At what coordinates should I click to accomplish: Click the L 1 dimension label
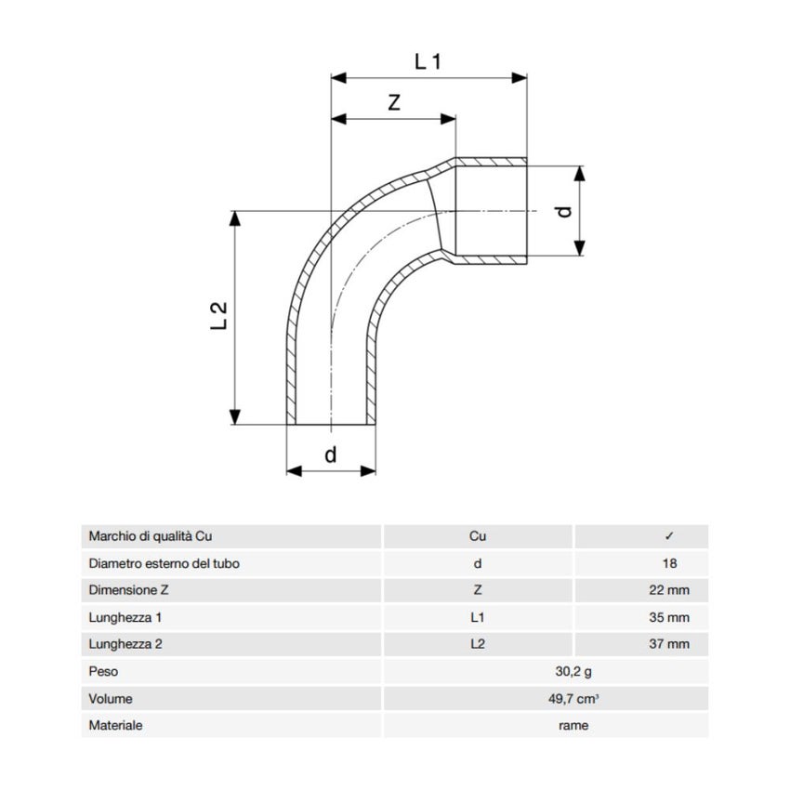(428, 61)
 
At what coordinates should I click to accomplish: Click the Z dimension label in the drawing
(394, 102)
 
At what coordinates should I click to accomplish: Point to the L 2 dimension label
(219, 316)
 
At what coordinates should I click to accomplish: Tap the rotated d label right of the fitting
(565, 211)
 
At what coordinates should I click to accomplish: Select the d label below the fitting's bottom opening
(331, 454)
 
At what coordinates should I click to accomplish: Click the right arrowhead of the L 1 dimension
(519, 77)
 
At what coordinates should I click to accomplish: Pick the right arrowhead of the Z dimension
(448, 119)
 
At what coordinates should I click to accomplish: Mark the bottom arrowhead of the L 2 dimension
(234, 416)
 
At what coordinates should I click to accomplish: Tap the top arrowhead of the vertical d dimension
(580, 174)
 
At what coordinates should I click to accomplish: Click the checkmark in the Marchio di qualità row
(669, 536)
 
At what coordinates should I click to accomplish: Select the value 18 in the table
(669, 563)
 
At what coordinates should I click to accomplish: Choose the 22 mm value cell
(669, 590)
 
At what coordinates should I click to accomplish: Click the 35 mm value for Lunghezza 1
(669, 617)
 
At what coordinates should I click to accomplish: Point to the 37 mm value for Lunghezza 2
(669, 644)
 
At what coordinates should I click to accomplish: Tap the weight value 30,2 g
(573, 672)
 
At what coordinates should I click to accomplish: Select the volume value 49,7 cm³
(573, 699)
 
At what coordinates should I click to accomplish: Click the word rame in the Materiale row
(573, 726)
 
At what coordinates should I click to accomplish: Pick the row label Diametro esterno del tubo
(164, 563)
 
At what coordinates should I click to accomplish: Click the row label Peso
(103, 672)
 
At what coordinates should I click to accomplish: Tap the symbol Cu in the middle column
(478, 536)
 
